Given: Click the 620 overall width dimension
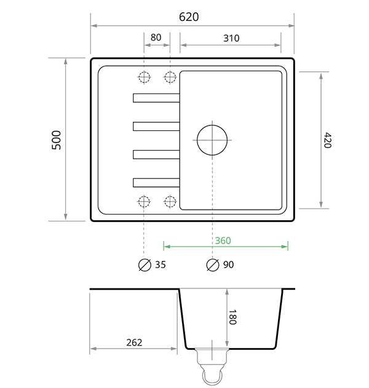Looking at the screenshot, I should coord(189,17).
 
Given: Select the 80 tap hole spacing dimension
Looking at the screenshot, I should coord(156,38).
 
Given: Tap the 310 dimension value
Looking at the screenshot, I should coord(231,38).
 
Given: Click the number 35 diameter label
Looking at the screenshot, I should coord(161,265).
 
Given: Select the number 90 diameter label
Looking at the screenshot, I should coord(228,265).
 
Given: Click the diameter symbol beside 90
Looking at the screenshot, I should coord(212,265).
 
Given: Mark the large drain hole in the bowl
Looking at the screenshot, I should coord(212,139).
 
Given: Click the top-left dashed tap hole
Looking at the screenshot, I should coord(144,77).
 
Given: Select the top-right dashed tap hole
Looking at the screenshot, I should coord(170,77).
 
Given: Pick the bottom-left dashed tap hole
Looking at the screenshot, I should coord(144,201).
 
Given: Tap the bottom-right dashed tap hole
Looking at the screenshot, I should coord(170,201).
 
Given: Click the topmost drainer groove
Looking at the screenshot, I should coord(156,97).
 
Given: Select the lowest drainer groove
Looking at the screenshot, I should coord(156,181).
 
